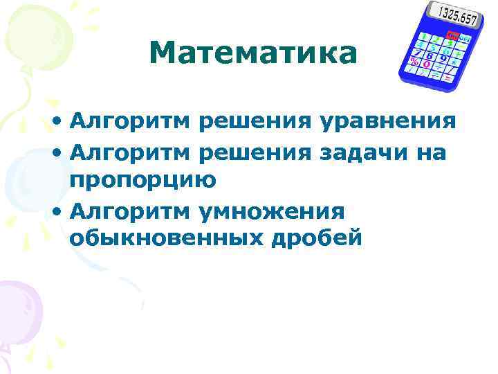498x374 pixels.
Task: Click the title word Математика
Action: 252,53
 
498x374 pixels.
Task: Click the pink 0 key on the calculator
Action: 427,65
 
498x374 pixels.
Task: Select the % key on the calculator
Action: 414,61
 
